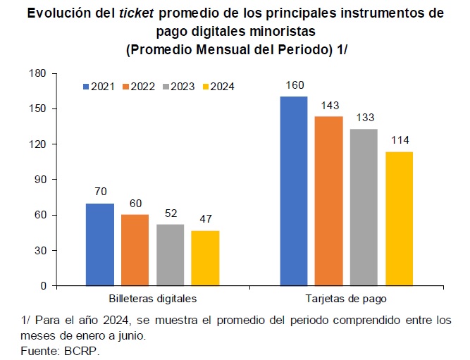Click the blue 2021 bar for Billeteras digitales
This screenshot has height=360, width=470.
pyautogui.click(x=100, y=244)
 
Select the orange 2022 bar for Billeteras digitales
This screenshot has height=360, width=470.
pyautogui.click(x=135, y=250)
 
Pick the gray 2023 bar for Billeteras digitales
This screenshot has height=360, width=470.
pyautogui.click(x=171, y=255)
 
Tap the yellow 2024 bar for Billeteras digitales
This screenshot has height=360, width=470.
pyautogui.click(x=205, y=258)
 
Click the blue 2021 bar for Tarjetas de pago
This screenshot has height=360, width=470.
pyautogui.click(x=294, y=191)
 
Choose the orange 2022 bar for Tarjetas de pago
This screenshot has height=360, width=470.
pyautogui.click(x=329, y=201)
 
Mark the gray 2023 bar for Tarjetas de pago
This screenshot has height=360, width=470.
pyautogui.click(x=364, y=207)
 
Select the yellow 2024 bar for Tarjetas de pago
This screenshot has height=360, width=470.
pyautogui.click(x=400, y=218)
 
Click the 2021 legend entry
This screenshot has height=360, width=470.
pyautogui.click(x=99, y=87)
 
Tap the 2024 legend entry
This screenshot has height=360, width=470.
pyautogui.click(x=218, y=87)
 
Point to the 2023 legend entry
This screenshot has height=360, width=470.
pyautogui.click(x=179, y=87)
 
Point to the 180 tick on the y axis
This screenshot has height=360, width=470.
pyautogui.click(x=37, y=73)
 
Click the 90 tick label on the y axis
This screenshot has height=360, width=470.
pyautogui.click(x=40, y=180)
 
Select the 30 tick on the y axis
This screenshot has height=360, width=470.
pyautogui.click(x=40, y=251)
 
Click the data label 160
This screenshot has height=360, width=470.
pyautogui.click(x=295, y=85)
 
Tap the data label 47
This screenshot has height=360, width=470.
pyautogui.click(x=206, y=219)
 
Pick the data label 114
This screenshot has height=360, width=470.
pyautogui.click(x=400, y=140)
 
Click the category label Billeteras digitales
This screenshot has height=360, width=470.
pyautogui.click(x=153, y=299)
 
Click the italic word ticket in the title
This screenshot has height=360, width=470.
pyautogui.click(x=137, y=13)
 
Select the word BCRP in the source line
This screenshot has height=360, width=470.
pyautogui.click(x=81, y=351)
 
